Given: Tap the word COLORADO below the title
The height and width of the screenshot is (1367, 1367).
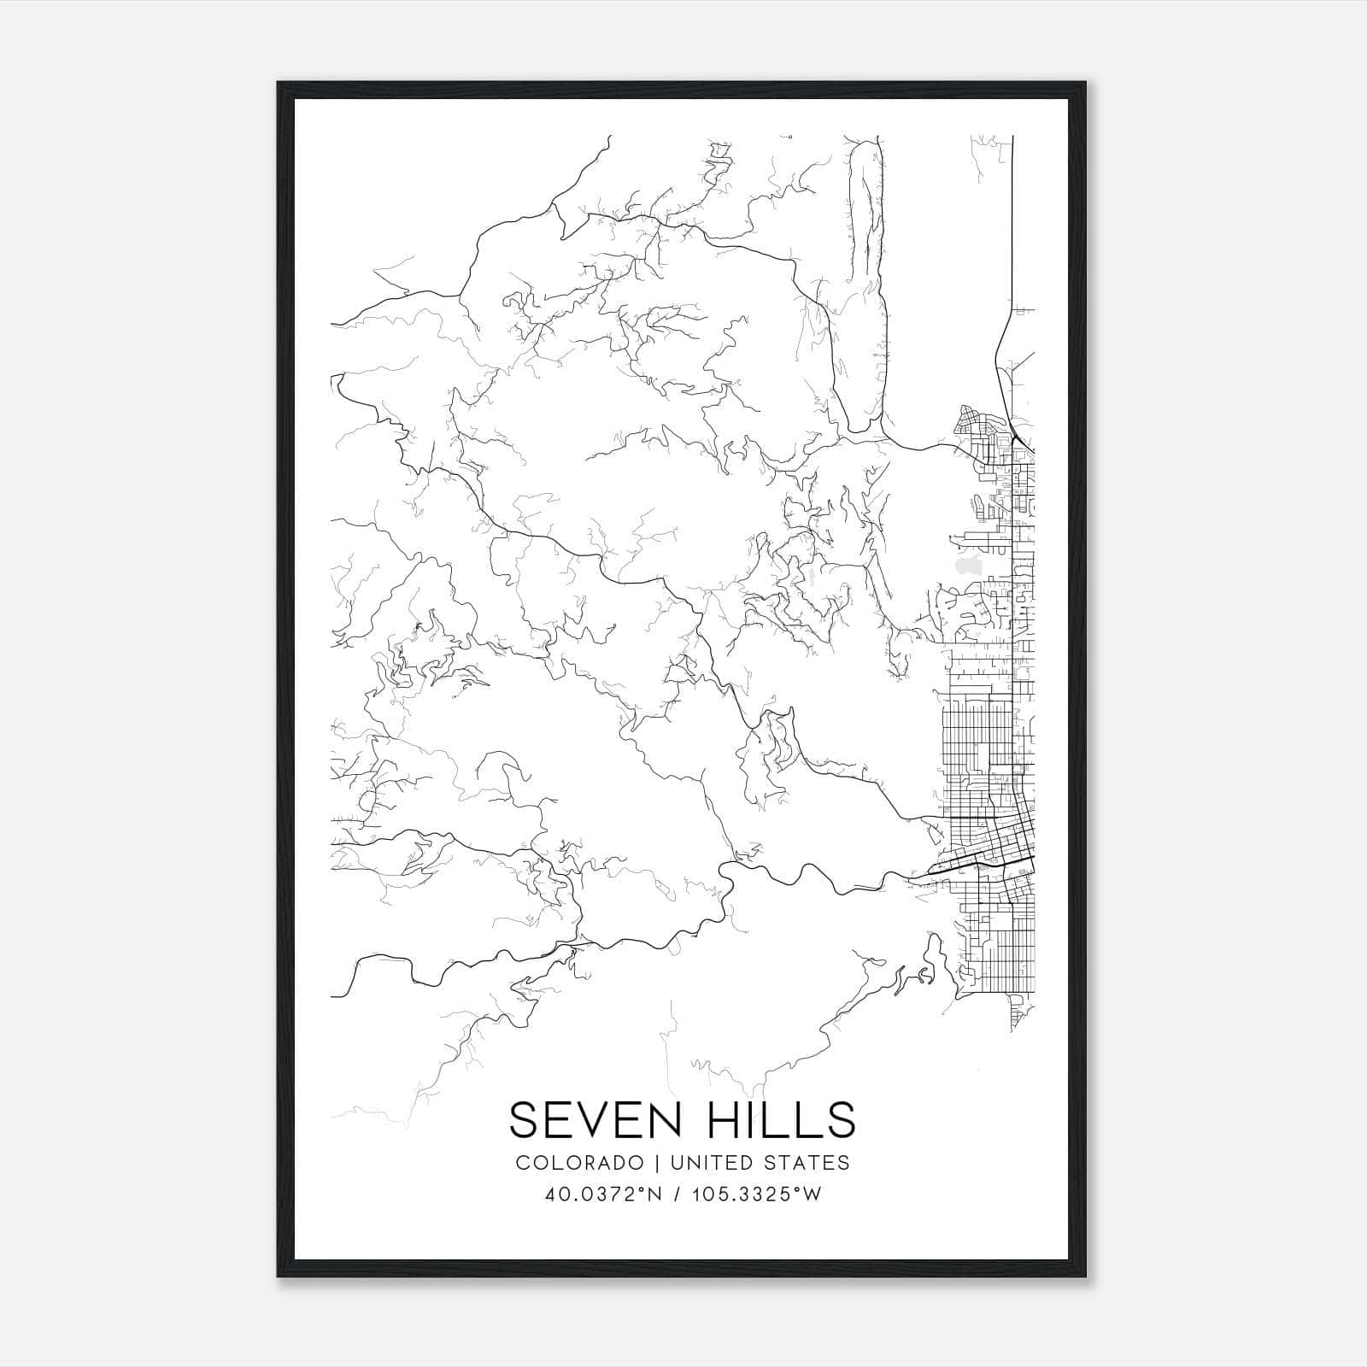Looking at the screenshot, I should point(579,1163).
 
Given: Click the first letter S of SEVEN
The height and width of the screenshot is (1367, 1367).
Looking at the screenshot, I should point(525,1119).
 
